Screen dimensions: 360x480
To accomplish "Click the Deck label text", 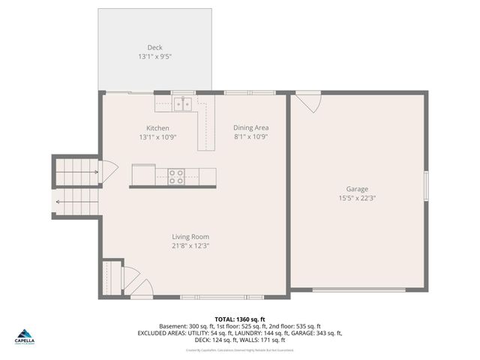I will (x=154, y=47).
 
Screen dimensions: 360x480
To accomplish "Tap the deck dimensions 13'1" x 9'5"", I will (x=154, y=57).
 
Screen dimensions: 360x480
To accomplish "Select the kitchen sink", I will (x=182, y=103).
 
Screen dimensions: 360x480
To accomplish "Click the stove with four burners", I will (x=176, y=176).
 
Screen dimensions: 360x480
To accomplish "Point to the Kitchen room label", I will (x=157, y=128).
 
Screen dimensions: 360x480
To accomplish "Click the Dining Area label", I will (x=250, y=127).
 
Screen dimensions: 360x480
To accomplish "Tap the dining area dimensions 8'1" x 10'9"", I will (x=250, y=137).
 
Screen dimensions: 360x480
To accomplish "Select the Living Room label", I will (x=190, y=236).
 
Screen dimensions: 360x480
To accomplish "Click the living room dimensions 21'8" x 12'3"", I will (x=190, y=246).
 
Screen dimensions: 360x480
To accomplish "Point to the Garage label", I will (x=357, y=189).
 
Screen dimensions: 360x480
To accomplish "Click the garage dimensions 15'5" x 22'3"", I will (x=357, y=199).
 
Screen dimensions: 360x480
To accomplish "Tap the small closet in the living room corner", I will (x=112, y=277).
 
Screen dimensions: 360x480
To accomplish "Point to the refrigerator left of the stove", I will (x=143, y=175).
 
